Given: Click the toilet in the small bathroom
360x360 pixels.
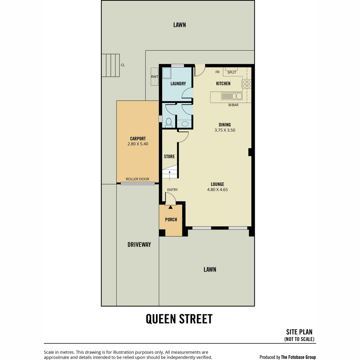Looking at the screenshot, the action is coord(169,123).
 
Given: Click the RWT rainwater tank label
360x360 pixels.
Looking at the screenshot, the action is coord(154,76).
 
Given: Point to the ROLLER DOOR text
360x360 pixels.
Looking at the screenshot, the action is coord(137,179).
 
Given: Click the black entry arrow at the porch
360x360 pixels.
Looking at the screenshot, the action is coord(170,207).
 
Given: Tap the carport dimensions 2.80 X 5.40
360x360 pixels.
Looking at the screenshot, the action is coord(138,144).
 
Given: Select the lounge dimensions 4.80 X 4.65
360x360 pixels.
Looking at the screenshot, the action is coord(217,189).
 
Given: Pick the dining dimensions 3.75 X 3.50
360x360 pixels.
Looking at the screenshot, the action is coord(225,130).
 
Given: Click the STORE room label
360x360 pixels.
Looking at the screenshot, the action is coord(169,156).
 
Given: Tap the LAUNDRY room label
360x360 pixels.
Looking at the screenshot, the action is coord(178,83).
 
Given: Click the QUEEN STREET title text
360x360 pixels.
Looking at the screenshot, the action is coord(179,319).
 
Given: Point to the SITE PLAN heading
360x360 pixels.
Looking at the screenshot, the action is coord(299,332).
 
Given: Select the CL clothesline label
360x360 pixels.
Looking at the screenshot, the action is coord(123,65).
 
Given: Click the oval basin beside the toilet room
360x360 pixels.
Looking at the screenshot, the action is coord(185,124).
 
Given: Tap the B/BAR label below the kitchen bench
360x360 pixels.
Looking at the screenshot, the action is coord(233,105).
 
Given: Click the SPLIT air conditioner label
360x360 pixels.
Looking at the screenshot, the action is coord(232,73).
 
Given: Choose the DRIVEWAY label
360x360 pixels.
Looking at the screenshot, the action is coord(139,244).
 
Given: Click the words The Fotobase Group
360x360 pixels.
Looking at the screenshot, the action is coord(298,357).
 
